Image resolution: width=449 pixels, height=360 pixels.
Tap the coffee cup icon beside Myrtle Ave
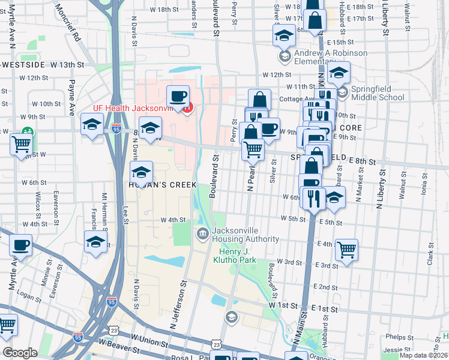click(x=20, y=245)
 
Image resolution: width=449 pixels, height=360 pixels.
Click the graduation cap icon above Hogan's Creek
click(x=141, y=172)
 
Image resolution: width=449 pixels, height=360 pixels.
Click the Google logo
click(x=20, y=353)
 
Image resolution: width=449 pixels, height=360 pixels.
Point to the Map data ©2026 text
click(x=424, y=355)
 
